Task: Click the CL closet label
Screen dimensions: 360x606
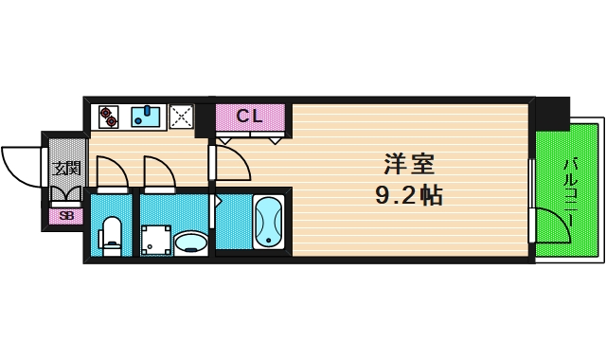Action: coord(250,117)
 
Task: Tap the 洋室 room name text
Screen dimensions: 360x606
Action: coord(409,164)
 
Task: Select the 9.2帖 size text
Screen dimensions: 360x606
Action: coord(409,197)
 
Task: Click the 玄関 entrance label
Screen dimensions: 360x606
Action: coord(66,170)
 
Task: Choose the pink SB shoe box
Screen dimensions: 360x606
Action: coord(66,215)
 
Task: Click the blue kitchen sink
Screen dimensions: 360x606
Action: coord(147,117)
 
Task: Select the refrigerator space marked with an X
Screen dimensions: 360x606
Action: coord(181,117)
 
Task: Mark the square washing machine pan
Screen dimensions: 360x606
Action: coord(155,241)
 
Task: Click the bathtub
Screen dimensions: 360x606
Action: coord(269,223)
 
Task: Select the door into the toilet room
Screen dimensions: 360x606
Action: coord(111,173)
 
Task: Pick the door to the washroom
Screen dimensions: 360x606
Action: coord(159,173)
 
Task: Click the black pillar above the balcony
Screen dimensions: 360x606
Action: coord(554,113)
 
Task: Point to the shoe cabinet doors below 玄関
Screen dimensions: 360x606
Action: coord(66,195)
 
